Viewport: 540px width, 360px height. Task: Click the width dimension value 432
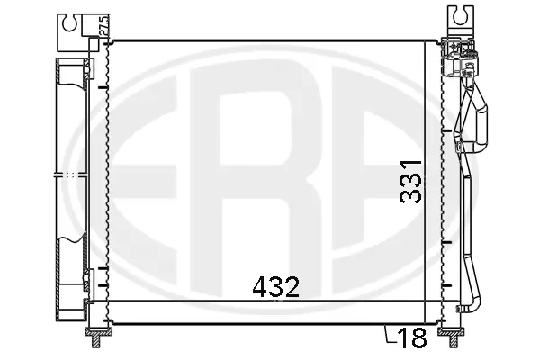pos(274,287)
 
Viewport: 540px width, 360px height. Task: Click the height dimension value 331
pos(410,184)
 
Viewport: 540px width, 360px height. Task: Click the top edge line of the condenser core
pos(270,40)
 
